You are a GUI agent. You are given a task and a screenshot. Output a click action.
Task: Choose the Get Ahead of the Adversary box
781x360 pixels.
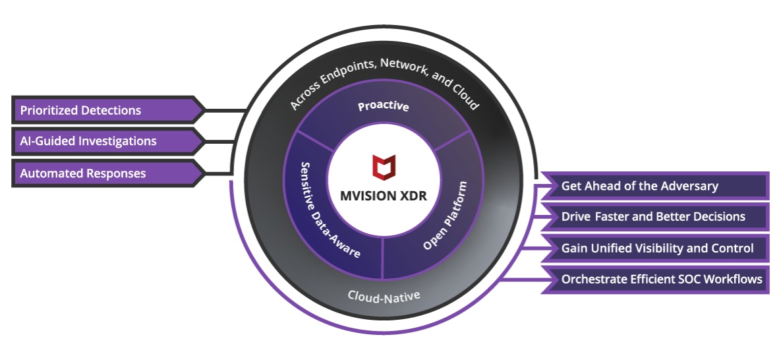652,186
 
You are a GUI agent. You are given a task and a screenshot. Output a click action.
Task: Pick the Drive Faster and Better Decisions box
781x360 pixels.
652,216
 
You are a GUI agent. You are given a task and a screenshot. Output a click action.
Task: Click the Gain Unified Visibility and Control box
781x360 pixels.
652,248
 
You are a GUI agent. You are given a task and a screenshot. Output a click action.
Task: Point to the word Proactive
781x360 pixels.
383,106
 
